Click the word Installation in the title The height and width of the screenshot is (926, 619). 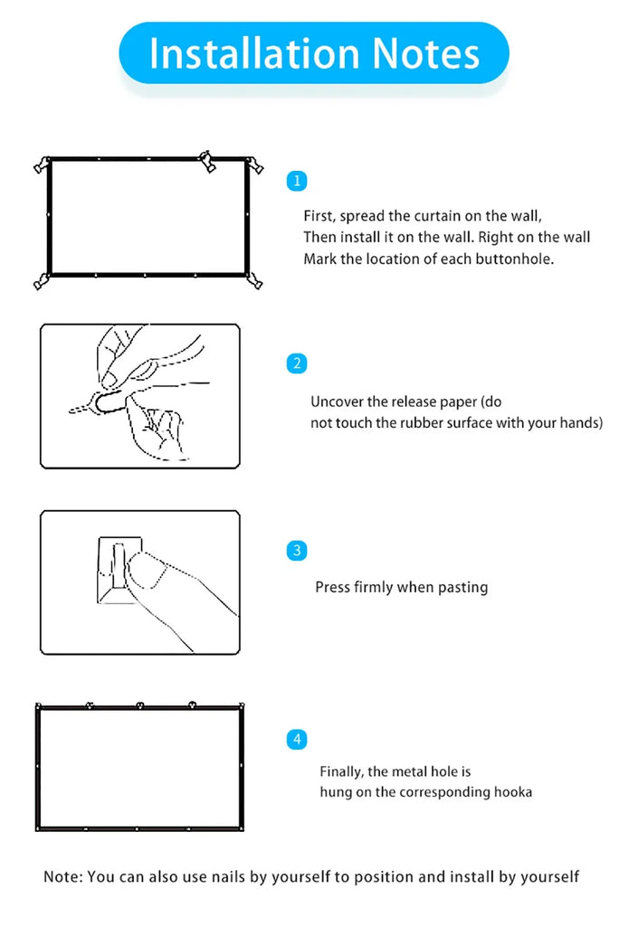253,53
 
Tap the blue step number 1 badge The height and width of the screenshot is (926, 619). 297,181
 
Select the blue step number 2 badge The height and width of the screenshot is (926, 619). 297,364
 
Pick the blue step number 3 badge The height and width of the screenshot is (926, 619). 297,551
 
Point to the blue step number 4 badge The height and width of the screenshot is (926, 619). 297,740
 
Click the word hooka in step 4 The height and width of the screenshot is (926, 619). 512,792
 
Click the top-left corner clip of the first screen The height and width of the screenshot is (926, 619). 42,165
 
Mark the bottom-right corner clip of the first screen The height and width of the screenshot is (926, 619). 255,280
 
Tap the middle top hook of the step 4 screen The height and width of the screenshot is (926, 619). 140,705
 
